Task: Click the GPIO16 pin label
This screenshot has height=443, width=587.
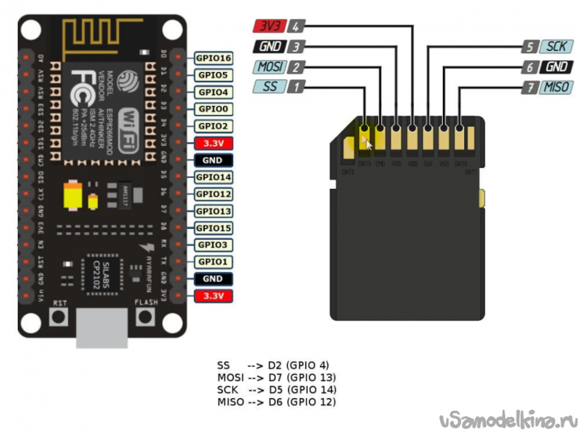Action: (214, 58)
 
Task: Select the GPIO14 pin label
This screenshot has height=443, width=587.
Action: (214, 177)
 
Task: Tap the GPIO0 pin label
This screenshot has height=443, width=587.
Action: (214, 109)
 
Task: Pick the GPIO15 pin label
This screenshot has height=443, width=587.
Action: (214, 228)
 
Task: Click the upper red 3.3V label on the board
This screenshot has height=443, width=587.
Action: (214, 143)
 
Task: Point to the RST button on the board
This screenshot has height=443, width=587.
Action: (58, 317)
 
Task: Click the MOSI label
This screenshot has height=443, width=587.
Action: (269, 67)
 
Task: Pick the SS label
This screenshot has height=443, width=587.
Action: (269, 86)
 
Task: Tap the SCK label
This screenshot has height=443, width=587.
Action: (556, 46)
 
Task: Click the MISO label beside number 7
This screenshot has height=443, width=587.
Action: (556, 86)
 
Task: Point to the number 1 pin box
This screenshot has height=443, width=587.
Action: (296, 86)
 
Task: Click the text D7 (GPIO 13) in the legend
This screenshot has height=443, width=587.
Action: (301, 377)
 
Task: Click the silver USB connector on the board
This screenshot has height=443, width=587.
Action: (102, 325)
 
